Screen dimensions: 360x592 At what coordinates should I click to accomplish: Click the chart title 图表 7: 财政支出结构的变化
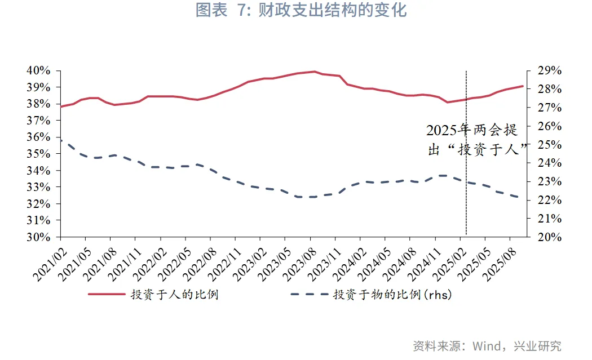pos(301,11)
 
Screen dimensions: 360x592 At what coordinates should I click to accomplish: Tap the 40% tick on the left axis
pos(39,71)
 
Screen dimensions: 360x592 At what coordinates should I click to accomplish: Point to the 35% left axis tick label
pos(39,154)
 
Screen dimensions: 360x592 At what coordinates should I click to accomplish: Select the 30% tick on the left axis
pos(39,237)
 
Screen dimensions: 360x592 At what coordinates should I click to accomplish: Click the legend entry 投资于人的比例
pos(175,294)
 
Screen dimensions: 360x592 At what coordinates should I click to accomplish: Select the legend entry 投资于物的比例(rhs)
pos(392,294)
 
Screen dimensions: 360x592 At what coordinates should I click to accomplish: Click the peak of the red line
pos(315,72)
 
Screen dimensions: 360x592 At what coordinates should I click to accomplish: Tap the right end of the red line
pos(523,86)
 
